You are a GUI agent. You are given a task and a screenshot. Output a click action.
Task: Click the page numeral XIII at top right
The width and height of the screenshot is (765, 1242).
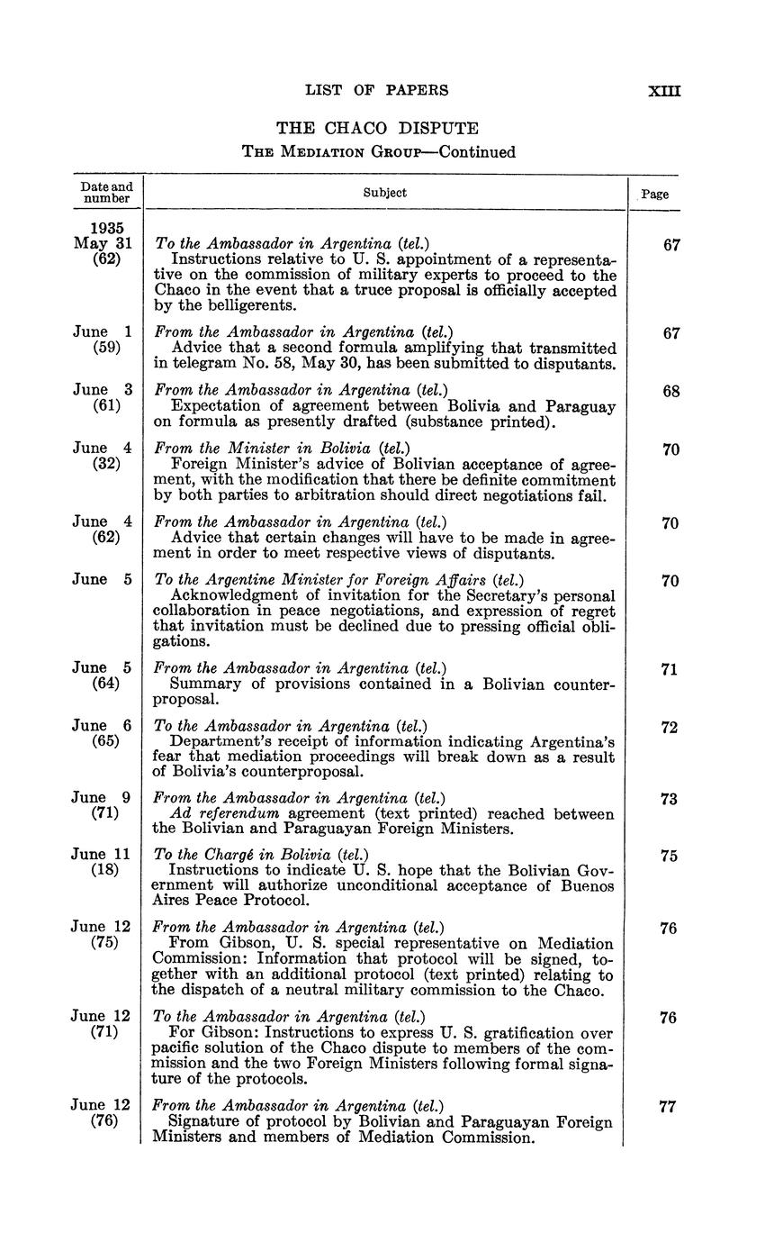pos(665,90)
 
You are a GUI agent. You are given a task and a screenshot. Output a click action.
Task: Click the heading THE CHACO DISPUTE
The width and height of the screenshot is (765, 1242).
pos(377,129)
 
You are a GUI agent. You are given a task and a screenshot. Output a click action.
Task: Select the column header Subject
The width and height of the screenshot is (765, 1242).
pos(385,193)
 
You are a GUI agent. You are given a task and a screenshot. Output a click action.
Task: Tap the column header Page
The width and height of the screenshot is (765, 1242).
pos(655,194)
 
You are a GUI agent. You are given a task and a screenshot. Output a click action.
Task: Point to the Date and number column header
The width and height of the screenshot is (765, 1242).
pos(106,193)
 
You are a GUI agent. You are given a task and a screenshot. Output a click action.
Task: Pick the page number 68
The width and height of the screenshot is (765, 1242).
pos(670,392)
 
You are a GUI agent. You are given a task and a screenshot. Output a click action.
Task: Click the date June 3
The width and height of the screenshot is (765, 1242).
pos(103,390)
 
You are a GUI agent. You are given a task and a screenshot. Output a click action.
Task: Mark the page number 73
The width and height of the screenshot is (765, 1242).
pos(669,799)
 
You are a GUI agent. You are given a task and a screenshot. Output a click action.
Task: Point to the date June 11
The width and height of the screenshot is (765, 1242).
pos(101,855)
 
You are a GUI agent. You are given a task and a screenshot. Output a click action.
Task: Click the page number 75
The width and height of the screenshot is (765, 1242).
pos(669,857)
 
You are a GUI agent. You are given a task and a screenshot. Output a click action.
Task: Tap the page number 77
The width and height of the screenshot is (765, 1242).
pos(667,1108)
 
